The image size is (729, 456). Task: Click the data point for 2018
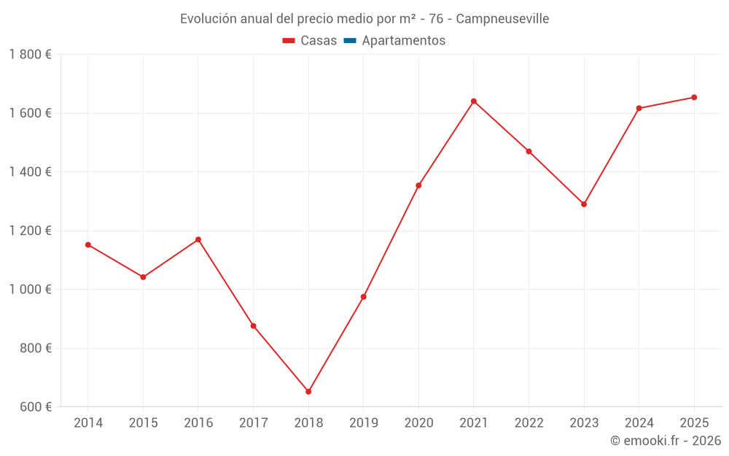click(x=308, y=392)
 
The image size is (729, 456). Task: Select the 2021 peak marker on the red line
click(x=474, y=101)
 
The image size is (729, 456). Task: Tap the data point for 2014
click(x=88, y=245)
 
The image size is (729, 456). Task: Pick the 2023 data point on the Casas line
click(x=584, y=204)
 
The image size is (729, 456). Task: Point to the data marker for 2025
click(x=694, y=97)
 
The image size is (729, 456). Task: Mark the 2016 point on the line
click(x=198, y=239)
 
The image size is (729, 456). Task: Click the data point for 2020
click(x=418, y=185)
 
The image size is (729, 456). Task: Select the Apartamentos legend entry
click(x=403, y=41)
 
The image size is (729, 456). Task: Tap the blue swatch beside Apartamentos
click(x=349, y=41)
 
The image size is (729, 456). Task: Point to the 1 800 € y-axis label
click(x=30, y=55)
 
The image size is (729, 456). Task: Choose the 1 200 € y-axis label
click(x=30, y=231)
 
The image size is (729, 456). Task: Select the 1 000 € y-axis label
click(x=30, y=289)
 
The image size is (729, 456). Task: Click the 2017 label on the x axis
click(x=253, y=423)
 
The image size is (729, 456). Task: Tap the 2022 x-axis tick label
click(x=529, y=423)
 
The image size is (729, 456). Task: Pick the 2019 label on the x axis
click(x=364, y=423)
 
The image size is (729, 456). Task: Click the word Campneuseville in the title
click(x=502, y=18)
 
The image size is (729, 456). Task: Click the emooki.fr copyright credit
click(x=665, y=441)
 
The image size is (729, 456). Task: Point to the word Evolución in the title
click(x=208, y=18)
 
